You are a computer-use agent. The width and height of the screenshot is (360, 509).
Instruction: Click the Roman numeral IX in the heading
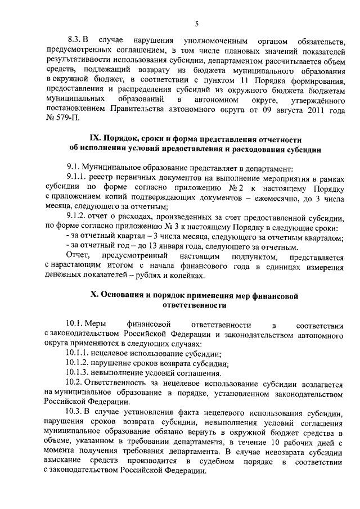click(96, 139)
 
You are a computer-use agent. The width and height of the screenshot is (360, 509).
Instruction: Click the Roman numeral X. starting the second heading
click(94, 296)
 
